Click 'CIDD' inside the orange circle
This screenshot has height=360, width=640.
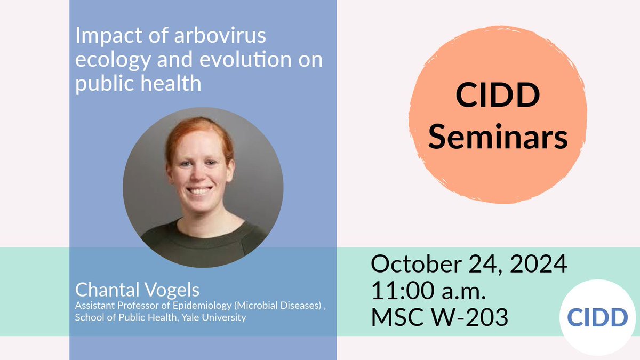(498, 98)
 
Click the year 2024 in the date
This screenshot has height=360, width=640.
(539, 265)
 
